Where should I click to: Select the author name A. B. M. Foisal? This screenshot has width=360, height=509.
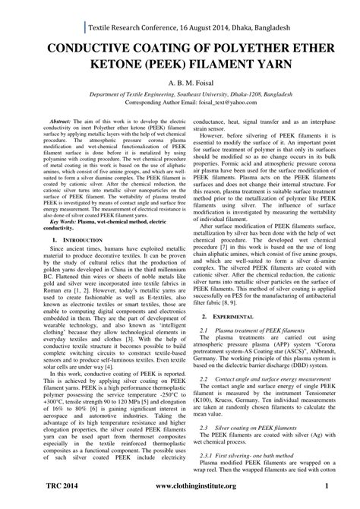[179, 90]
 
